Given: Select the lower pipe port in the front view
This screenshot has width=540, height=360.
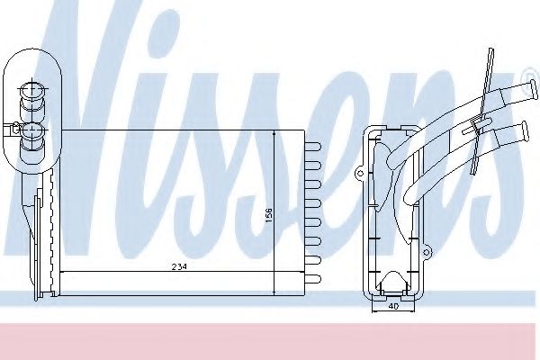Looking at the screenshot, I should [32, 134].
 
